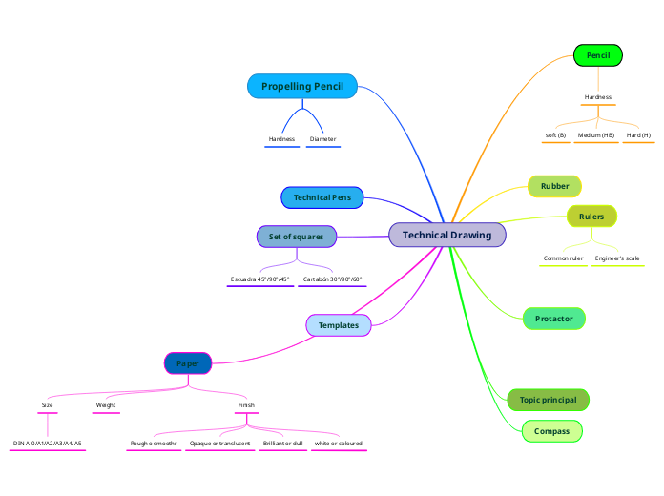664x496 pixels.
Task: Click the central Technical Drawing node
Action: click(446, 235)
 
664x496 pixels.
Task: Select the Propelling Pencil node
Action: click(301, 87)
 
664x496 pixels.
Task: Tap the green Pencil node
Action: click(597, 56)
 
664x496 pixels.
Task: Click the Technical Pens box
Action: click(322, 197)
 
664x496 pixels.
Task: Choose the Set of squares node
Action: click(296, 236)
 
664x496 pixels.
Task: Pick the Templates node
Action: click(338, 325)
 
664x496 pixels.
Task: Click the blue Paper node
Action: click(188, 362)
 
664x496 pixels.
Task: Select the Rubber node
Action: click(554, 186)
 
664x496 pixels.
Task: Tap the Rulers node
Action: click(591, 217)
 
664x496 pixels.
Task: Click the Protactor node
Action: click(553, 318)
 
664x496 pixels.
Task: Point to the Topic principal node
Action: click(548, 400)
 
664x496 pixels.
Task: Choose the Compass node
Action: click(551, 431)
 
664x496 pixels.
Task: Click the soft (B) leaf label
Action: click(555, 135)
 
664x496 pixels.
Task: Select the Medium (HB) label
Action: click(596, 135)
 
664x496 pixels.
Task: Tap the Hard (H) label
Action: click(638, 135)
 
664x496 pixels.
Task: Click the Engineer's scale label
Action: click(617, 258)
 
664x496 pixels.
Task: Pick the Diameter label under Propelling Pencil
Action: click(322, 139)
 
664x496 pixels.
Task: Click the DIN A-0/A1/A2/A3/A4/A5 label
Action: click(48, 444)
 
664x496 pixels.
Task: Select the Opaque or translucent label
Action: click(219, 444)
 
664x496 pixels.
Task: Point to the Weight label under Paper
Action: click(106, 405)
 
